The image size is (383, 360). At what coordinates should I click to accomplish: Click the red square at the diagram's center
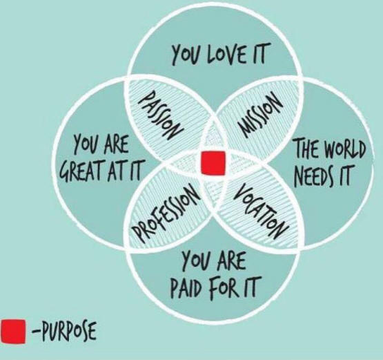click(x=213, y=163)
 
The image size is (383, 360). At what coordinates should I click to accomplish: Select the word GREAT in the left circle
click(x=79, y=170)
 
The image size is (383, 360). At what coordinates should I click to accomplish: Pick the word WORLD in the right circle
click(x=345, y=148)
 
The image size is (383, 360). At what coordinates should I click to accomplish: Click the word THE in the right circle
click(x=307, y=148)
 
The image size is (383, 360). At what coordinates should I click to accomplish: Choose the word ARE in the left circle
click(x=116, y=145)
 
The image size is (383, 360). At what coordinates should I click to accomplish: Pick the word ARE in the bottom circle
click(x=233, y=260)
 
